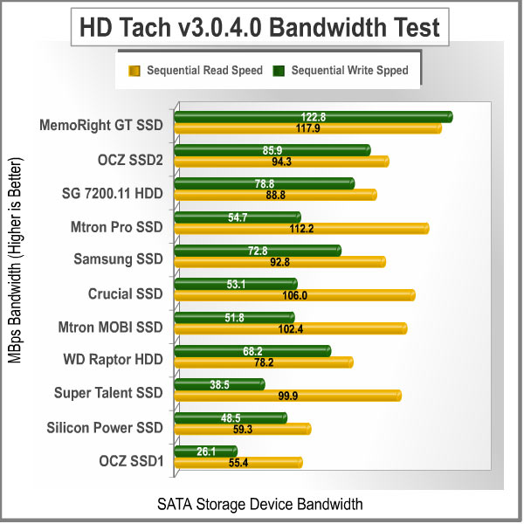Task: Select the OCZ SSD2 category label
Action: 130,159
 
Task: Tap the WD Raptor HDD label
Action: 113,359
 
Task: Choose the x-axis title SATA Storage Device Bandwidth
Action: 259,504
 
